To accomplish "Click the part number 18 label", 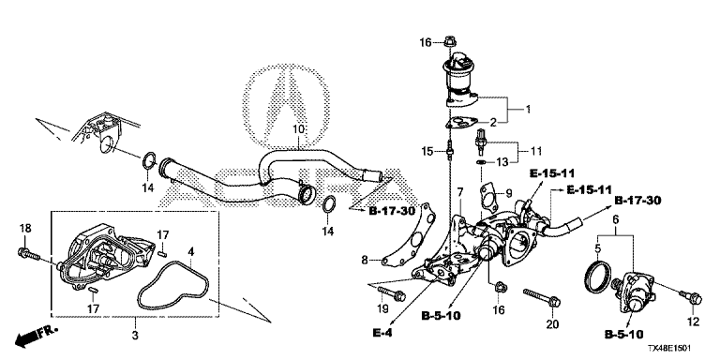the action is (25, 228).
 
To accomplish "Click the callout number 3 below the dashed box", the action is (135, 336).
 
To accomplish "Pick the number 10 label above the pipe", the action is (299, 129).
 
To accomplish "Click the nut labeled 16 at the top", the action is (450, 42).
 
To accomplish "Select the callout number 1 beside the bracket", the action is (528, 110).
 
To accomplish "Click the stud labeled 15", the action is (450, 152).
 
